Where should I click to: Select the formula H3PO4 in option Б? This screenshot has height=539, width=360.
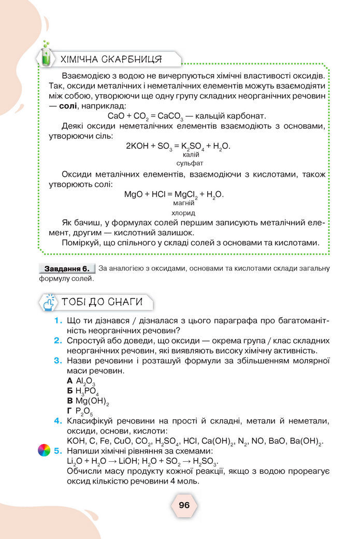pos(87,391)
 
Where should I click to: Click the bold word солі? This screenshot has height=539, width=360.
pos(68,106)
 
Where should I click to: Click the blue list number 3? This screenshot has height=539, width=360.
pos(59,361)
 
